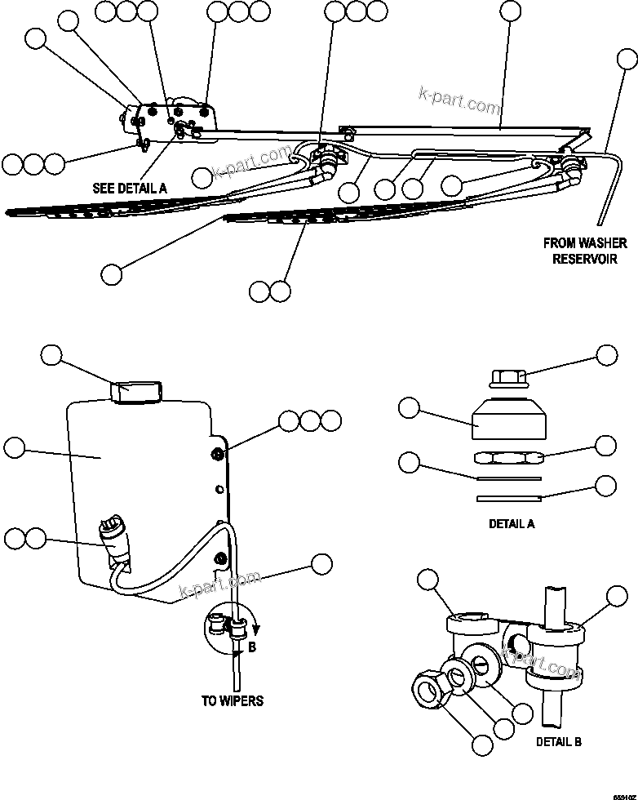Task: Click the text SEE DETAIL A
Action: coord(130,188)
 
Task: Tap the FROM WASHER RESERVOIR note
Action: coord(585,251)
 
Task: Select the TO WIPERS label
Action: coord(233,700)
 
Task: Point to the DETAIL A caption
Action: coord(512,524)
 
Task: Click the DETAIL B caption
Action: coord(559,742)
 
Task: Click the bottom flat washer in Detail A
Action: coord(509,497)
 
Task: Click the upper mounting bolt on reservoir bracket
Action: coord(218,454)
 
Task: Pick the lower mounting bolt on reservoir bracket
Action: coord(219,558)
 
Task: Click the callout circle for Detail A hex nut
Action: coord(606,445)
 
